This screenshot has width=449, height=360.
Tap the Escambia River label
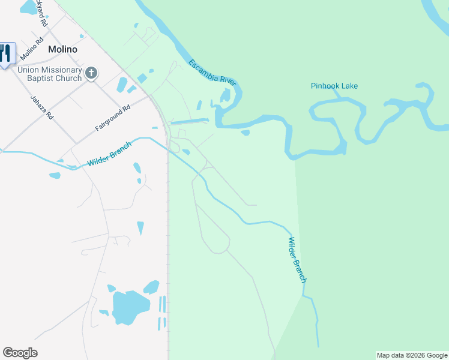[213, 73]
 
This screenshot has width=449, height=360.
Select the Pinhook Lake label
[334, 86]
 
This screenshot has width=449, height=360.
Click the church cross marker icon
[91, 73]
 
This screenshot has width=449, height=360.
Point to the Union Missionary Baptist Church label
[49, 74]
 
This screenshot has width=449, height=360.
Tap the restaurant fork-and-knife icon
[6, 53]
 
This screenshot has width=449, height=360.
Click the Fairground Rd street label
[112, 119]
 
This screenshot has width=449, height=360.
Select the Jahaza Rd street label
[41, 106]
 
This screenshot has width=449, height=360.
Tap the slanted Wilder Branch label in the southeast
[297, 260]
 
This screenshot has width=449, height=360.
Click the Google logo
[20, 353]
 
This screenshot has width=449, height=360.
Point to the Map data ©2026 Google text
[412, 355]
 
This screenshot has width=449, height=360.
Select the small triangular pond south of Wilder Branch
[140, 228]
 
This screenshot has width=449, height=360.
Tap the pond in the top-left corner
[28, 7]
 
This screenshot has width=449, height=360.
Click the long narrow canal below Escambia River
[190, 122]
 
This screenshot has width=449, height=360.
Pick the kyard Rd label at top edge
[41, 13]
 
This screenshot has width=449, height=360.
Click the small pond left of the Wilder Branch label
[55, 176]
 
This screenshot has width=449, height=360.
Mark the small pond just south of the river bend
[245, 133]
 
